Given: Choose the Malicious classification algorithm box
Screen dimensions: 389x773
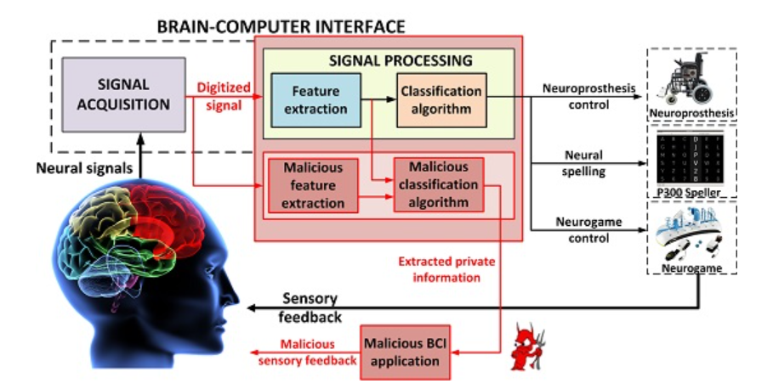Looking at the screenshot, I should point(438,184).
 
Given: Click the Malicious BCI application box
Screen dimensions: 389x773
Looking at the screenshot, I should point(406,352).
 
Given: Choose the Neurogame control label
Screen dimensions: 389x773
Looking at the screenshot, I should point(584,229).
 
